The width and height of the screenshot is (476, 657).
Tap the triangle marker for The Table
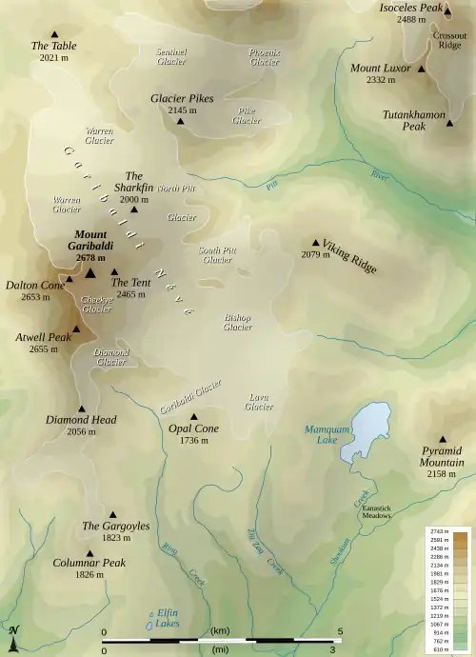coord(53,33)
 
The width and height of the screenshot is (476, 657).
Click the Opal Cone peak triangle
coord(194,416)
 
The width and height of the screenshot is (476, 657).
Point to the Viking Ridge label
coord(350,255)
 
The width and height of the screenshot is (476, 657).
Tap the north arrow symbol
coord(13,638)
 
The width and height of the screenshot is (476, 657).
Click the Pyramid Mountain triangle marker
coord(415,439)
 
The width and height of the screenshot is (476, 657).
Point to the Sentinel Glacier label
coord(171,56)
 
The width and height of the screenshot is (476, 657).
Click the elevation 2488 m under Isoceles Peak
coord(412,19)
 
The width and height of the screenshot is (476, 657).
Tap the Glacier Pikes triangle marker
coord(179,122)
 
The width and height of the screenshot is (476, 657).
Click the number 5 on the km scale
coord(340,631)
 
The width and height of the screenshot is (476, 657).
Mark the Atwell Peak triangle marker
coord(75,328)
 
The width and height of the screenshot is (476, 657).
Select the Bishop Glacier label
coord(237,322)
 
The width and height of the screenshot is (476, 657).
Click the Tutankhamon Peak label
coord(414,120)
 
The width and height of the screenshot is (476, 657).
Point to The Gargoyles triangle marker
coord(112,514)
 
